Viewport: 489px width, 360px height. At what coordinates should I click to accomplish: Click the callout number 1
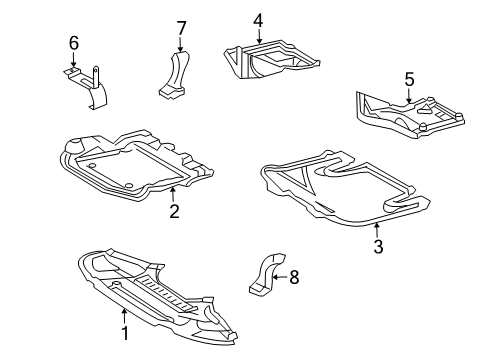pos(125,334)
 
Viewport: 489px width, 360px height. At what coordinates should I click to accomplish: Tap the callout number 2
pos(174,211)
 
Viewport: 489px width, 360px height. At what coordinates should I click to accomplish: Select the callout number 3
pos(378,246)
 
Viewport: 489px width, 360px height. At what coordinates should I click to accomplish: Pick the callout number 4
pos(258,20)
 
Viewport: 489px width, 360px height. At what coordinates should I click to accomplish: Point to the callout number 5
pos(409,80)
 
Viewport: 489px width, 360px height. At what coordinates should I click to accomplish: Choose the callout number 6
pos(74,43)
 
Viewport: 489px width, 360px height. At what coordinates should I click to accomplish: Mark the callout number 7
pos(181,28)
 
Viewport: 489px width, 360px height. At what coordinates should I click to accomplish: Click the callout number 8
pos(294,277)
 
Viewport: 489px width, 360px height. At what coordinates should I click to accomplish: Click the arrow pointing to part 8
pos(279,277)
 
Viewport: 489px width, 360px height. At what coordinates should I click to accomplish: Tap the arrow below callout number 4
pos(259,36)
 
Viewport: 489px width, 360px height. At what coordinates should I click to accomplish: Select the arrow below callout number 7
pos(180,44)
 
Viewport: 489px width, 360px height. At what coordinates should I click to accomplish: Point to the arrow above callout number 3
pos(377,230)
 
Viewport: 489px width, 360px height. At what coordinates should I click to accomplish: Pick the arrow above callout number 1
pos(124,316)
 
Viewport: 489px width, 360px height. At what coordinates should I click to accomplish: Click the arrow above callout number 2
pos(173,195)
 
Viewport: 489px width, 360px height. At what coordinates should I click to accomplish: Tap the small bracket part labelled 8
pos(267,274)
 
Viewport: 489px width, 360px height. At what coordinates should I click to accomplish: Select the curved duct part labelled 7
pos(174,75)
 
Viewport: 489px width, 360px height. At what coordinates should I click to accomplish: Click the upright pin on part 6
pos(96,77)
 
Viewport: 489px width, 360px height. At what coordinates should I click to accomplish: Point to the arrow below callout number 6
pos(73,61)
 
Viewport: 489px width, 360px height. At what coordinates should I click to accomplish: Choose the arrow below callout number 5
pos(409,95)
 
